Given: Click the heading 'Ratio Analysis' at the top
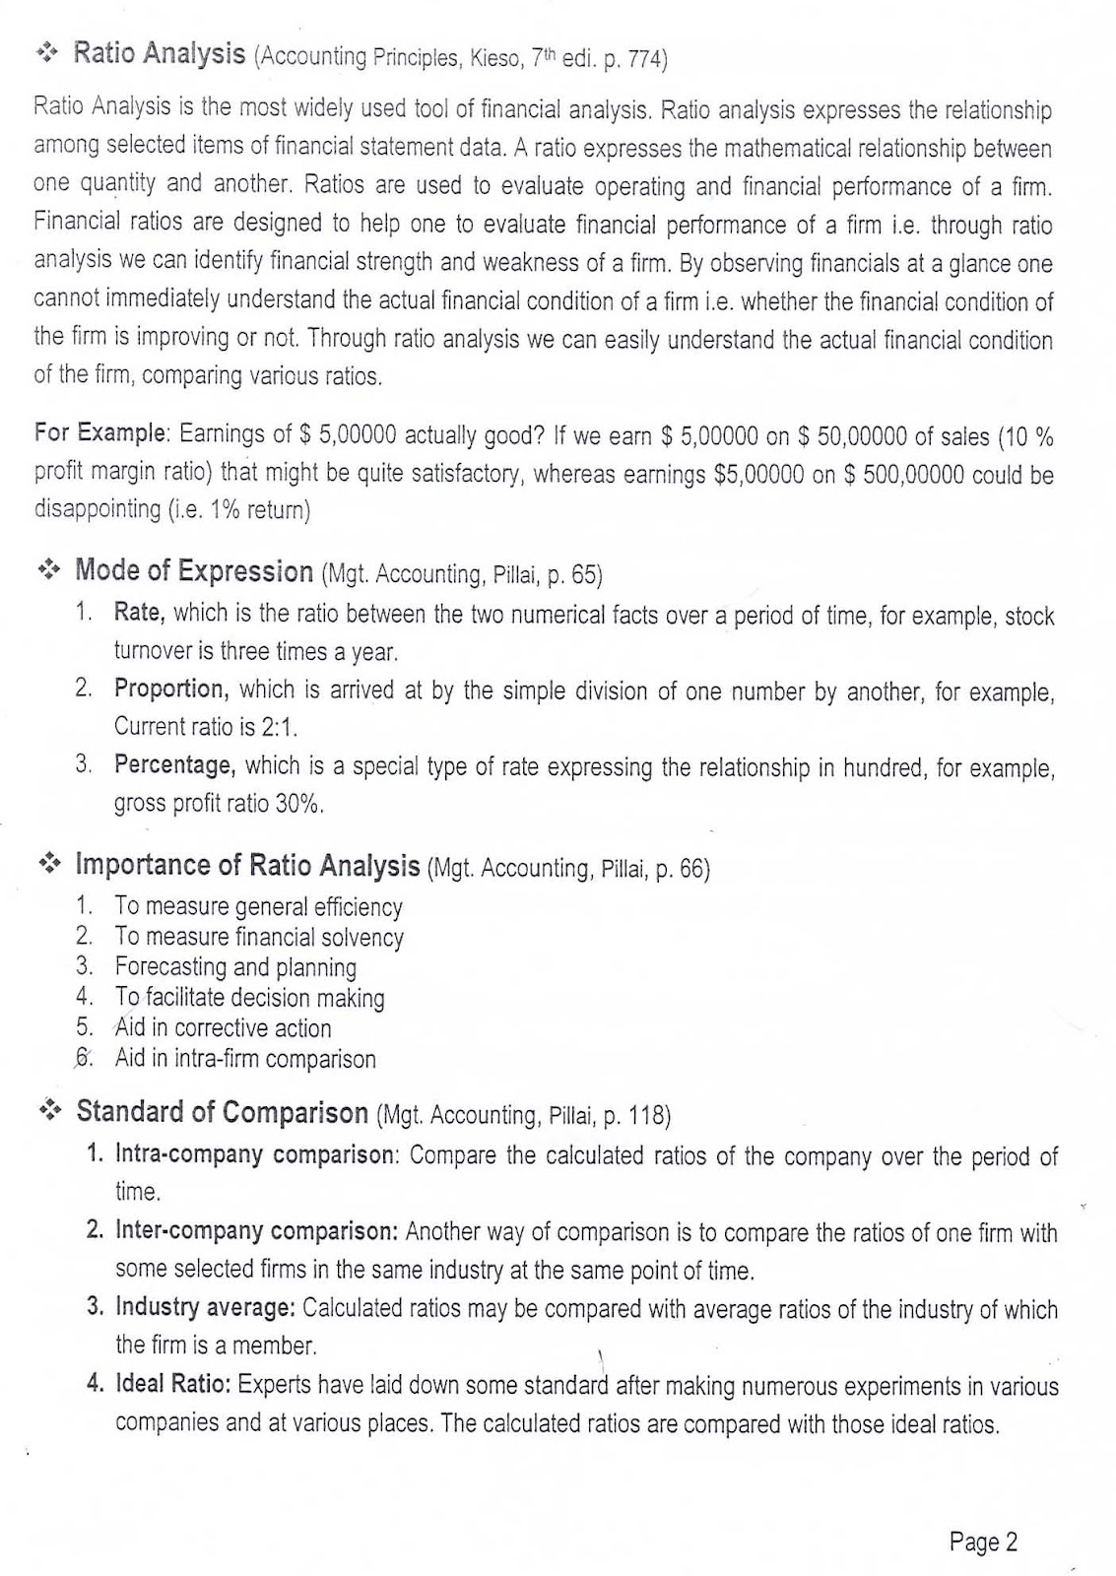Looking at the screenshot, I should click(x=160, y=54).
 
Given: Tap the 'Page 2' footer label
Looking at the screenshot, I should click(x=982, y=1542).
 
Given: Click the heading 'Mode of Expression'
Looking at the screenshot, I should click(x=194, y=570).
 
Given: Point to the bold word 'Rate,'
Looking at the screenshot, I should click(x=139, y=613).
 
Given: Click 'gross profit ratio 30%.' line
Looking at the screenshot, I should click(x=219, y=803).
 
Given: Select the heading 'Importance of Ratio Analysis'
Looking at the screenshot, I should click(x=247, y=866).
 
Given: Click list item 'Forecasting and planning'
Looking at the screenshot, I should click(x=235, y=967).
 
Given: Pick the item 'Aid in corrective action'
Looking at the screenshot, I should click(x=223, y=1028).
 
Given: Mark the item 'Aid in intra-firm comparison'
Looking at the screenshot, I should click(x=245, y=1060).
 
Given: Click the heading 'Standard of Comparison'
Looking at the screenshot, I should click(x=222, y=1112).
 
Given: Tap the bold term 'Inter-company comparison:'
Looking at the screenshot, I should click(x=256, y=1231).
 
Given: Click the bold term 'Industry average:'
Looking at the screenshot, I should click(x=205, y=1308).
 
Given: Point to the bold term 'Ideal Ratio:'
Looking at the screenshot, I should click(x=173, y=1385).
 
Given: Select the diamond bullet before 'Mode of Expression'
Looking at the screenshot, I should click(x=49, y=569).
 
